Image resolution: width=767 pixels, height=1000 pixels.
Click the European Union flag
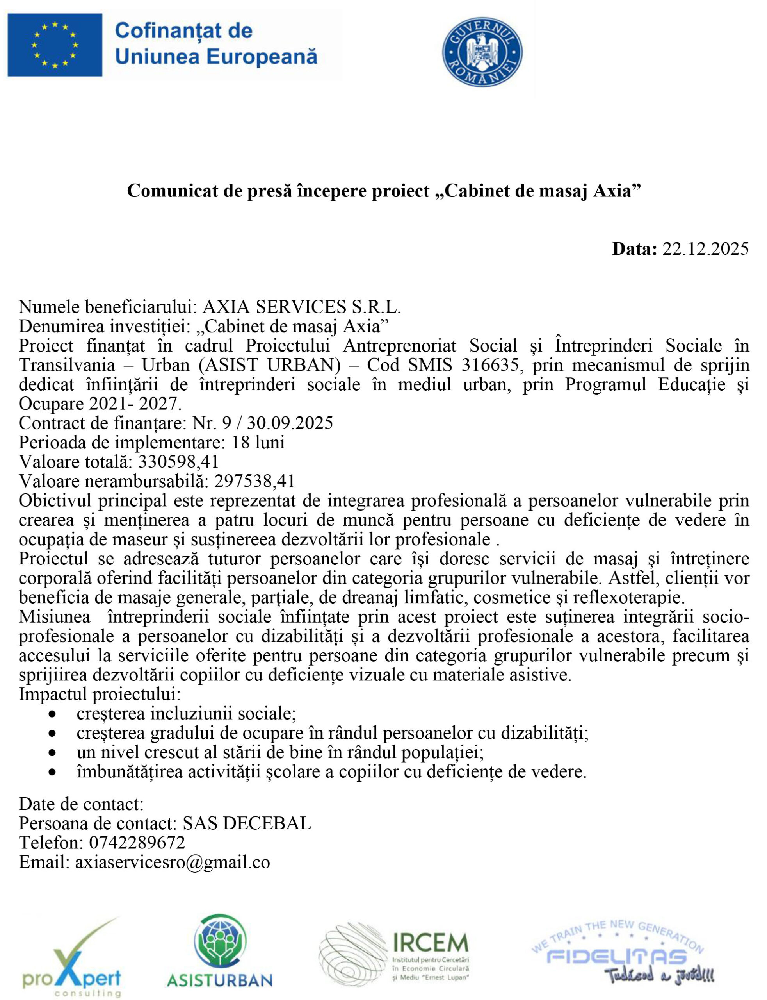55,45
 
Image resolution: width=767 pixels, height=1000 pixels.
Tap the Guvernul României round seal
482,52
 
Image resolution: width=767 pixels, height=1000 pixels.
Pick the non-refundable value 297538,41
254,481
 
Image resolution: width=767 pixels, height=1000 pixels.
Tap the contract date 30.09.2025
290,423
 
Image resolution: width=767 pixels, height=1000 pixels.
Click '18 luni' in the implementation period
258,442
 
